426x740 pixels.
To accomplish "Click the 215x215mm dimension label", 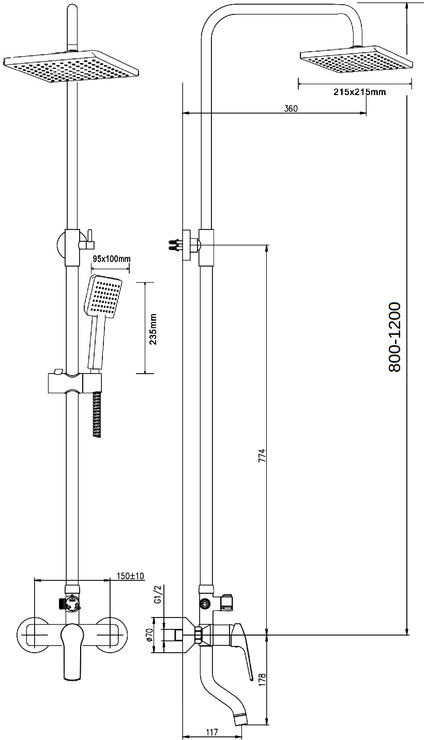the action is [x=359, y=92].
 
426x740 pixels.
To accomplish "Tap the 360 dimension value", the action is [x=291, y=109].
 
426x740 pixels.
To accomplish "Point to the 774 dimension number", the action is [x=262, y=455].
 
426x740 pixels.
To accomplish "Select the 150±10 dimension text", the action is [x=131, y=576].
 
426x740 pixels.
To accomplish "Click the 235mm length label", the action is [x=153, y=329].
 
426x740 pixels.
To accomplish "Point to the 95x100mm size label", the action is [x=111, y=259].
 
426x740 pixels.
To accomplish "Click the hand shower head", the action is [x=103, y=296].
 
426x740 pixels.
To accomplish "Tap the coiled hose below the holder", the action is [x=97, y=415].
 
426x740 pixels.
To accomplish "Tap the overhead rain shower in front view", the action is [x=70, y=66].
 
